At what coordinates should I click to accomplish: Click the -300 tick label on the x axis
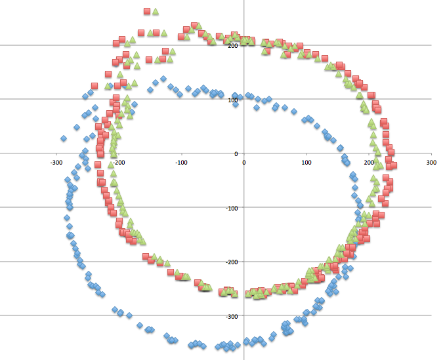pyautogui.click(x=56, y=161)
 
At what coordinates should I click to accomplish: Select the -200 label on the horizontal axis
pyautogui.click(x=119, y=161)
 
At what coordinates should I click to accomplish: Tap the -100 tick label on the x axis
pyautogui.click(x=181, y=161)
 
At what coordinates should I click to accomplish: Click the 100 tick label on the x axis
pyautogui.click(x=306, y=161)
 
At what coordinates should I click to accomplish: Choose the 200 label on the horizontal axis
pyautogui.click(x=368, y=161)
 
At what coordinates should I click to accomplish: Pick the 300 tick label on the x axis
pyautogui.click(x=431, y=161)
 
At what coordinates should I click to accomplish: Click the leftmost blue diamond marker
pyautogui.click(x=64, y=138)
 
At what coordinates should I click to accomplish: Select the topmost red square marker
pyautogui.click(x=147, y=11)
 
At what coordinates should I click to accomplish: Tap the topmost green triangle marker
pyautogui.click(x=156, y=12)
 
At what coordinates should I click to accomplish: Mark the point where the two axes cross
pyautogui.click(x=243, y=153)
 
